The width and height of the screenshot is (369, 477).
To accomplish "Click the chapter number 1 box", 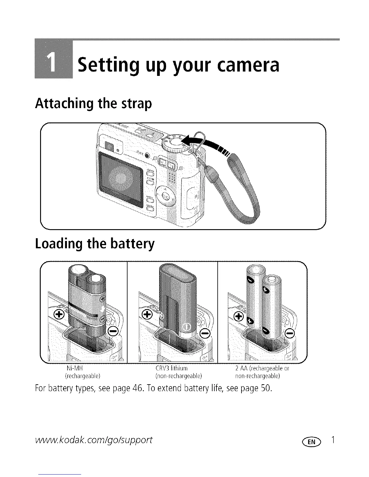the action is pos(54,58).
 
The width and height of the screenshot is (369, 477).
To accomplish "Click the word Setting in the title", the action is pos(107,66).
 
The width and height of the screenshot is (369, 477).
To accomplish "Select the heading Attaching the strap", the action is pos(93,104).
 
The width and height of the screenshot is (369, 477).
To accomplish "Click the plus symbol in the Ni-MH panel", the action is pos(59,315).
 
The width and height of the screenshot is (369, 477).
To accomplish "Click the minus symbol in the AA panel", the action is pos(290,333).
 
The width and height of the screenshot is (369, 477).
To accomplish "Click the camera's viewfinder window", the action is pos(109,147).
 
